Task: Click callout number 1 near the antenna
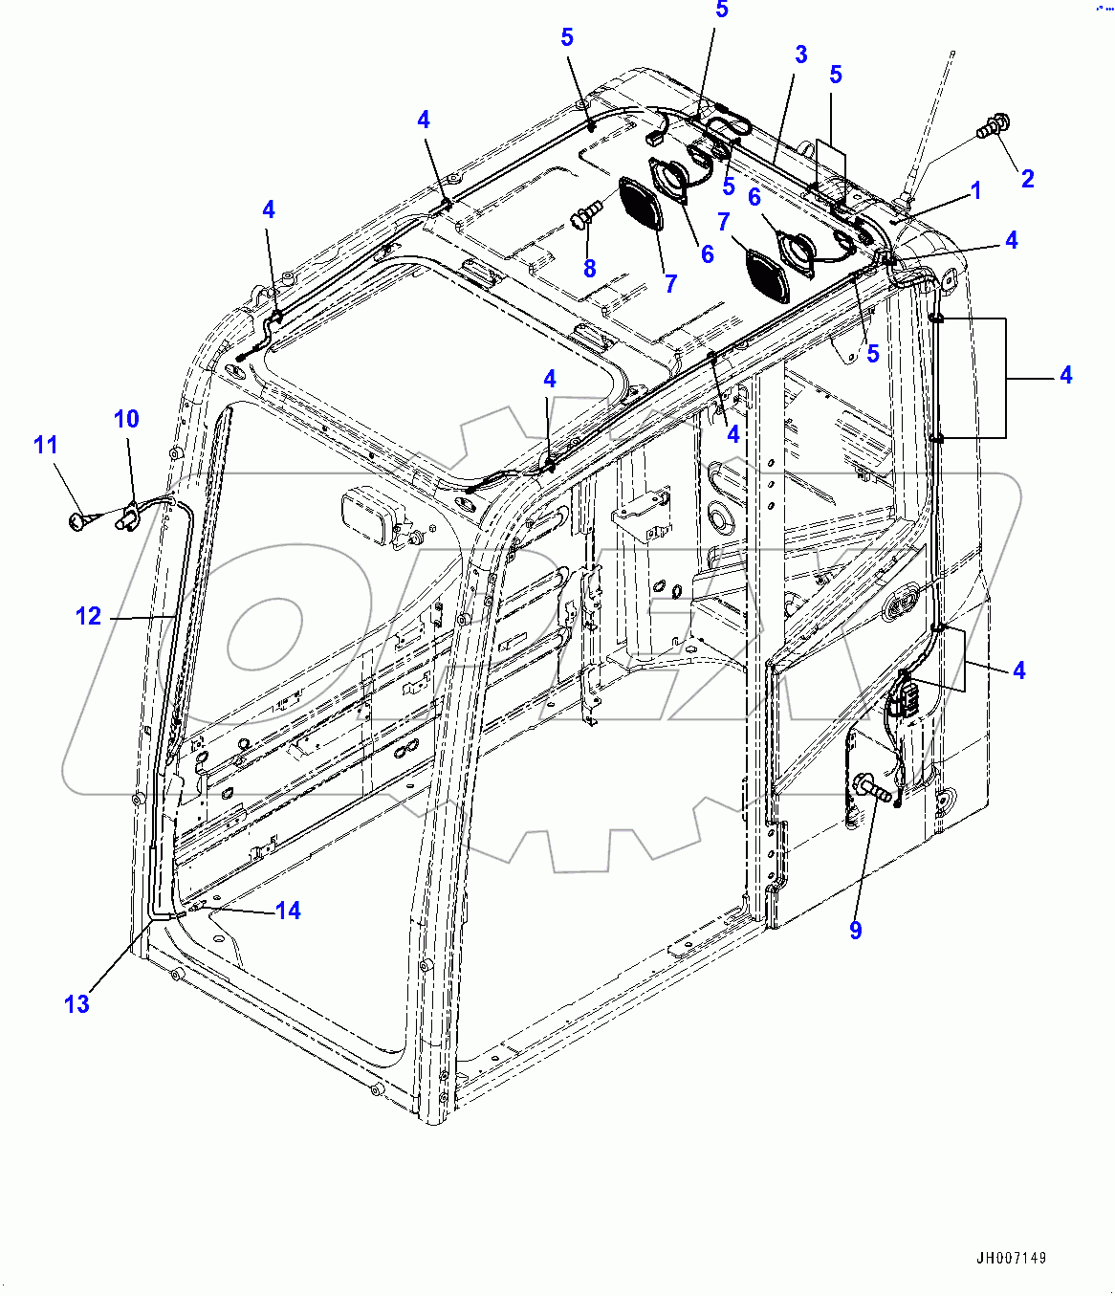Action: click(976, 191)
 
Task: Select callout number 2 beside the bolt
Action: click(1027, 179)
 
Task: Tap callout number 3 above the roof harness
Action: click(801, 55)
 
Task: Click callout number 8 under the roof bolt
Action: click(589, 269)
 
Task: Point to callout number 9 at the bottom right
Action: click(855, 930)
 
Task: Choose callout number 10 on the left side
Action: click(126, 419)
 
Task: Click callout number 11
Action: click(46, 445)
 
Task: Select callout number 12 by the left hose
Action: click(88, 617)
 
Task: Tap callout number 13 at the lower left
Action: click(77, 1003)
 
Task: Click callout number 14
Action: click(288, 912)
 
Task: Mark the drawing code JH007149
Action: click(1011, 1259)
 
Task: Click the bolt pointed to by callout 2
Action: click(991, 124)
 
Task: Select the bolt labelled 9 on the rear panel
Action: click(873, 789)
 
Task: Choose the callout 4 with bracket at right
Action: click(1065, 376)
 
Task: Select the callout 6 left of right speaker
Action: click(754, 198)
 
